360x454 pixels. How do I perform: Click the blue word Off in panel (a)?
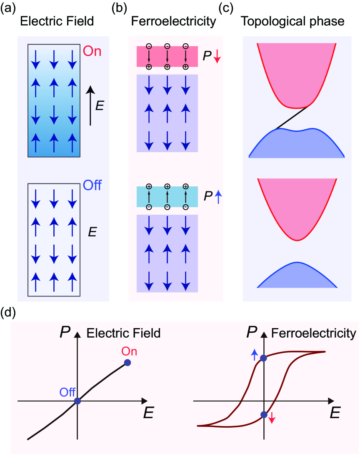(92, 185)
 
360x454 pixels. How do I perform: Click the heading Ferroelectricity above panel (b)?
(174, 21)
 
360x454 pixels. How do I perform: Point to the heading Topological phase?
(293, 21)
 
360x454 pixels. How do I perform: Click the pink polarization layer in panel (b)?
(167, 57)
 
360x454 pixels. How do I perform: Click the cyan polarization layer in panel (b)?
(167, 197)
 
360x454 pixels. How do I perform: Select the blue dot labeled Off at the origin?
(77, 401)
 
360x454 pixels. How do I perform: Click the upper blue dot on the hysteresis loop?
(263, 358)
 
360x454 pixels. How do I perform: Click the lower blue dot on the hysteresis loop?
(263, 414)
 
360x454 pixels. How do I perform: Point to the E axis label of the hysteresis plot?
(335, 414)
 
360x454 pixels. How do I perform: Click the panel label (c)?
(231, 9)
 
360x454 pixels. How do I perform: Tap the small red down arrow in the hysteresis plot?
(272, 417)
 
